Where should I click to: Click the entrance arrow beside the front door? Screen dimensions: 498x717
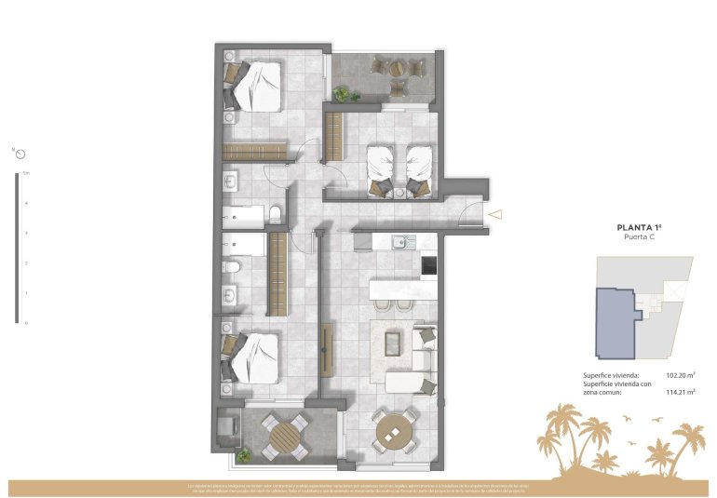pos(495,214)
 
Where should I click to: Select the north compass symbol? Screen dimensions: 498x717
pos(19,153)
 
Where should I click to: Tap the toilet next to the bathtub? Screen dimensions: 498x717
pos(276,216)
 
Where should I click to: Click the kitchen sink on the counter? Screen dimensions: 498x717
pos(399,244)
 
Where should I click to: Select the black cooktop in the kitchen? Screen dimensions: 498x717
pos(429,266)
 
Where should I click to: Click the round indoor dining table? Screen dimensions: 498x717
pos(395,431)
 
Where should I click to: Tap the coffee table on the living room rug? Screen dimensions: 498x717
pos(394,343)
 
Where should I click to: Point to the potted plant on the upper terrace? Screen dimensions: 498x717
pos(343,93)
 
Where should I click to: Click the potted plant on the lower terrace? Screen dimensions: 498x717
pos(244,455)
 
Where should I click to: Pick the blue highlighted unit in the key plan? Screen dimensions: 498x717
pos(615,323)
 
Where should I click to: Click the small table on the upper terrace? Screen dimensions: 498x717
pos(398,67)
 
